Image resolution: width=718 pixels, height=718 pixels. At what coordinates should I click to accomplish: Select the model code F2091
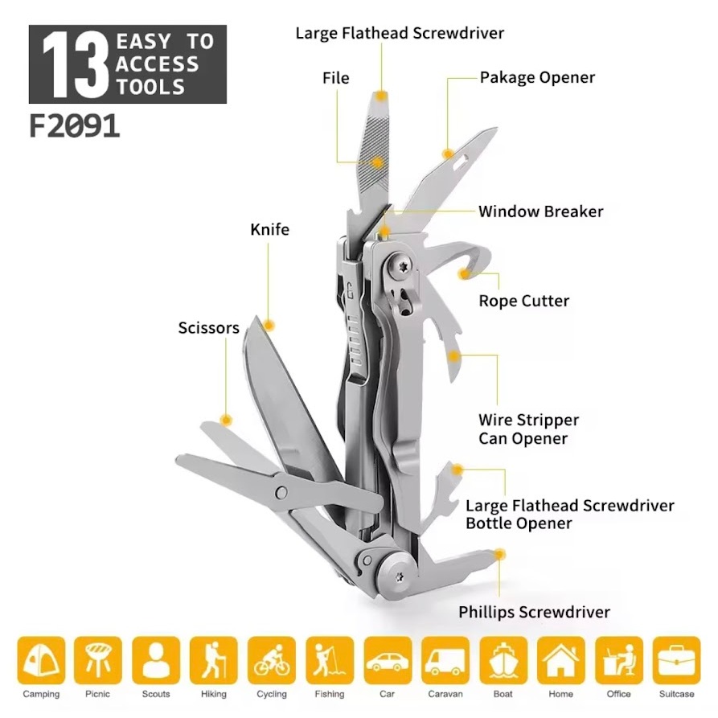(x=74, y=126)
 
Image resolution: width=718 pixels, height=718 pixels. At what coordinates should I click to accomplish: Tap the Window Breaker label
(x=541, y=211)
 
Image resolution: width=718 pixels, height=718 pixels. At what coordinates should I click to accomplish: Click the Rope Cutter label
(x=524, y=301)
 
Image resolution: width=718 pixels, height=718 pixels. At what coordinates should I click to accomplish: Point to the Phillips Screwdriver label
(x=535, y=612)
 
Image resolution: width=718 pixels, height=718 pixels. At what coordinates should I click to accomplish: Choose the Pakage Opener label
(x=537, y=78)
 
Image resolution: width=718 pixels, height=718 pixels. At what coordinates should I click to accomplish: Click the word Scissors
(x=209, y=328)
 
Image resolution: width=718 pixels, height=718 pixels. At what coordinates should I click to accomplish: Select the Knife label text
(x=269, y=229)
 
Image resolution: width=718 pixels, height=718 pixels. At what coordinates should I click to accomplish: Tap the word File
(x=335, y=78)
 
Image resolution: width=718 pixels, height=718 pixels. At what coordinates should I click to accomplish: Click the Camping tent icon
(x=41, y=660)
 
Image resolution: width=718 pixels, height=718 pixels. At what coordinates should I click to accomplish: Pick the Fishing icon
(x=330, y=660)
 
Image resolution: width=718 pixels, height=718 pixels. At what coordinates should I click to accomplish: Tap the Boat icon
(x=503, y=660)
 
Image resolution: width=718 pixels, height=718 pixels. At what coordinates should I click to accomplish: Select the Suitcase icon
(x=677, y=660)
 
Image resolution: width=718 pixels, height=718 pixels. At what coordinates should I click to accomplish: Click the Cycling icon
(x=272, y=660)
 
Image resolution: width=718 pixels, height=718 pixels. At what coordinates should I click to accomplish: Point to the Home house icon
(x=561, y=660)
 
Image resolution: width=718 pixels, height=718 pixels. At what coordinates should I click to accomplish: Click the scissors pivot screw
(x=281, y=492)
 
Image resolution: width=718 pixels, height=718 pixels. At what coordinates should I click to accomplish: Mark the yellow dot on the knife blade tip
(x=269, y=326)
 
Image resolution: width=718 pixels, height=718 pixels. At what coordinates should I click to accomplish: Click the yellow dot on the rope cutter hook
(x=464, y=274)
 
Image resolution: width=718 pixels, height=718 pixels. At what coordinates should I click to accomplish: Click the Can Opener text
(x=523, y=439)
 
